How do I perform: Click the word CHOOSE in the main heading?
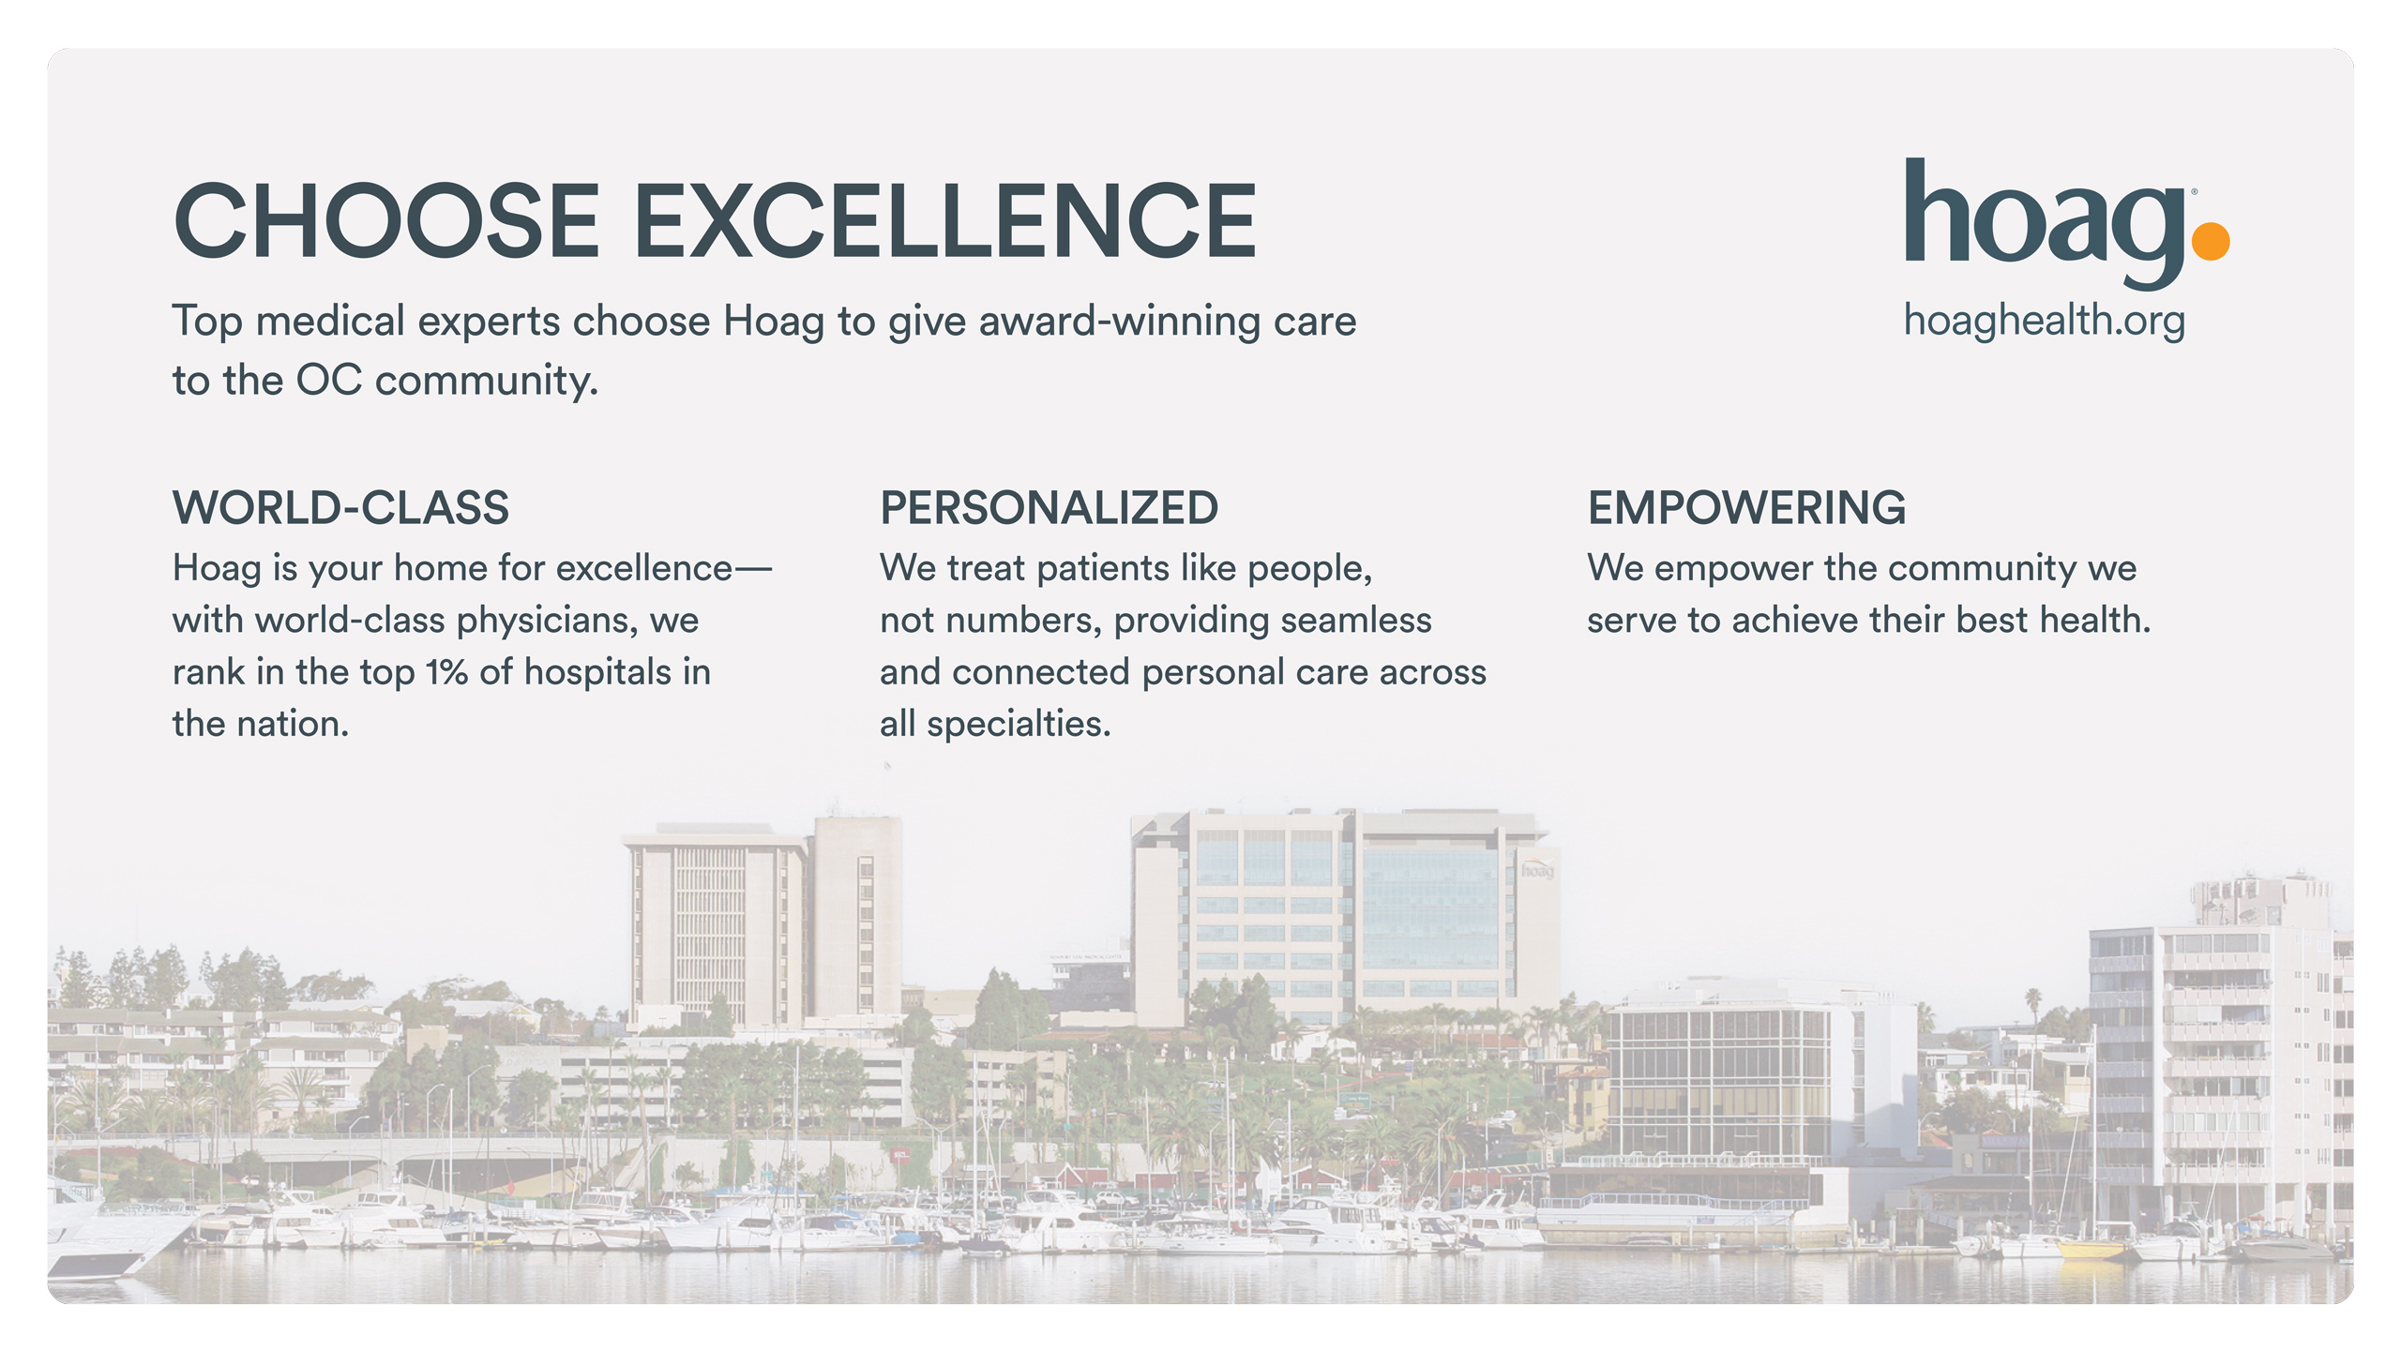coord(386,220)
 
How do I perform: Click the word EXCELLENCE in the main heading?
coord(945,220)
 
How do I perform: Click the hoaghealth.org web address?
coord(2045,321)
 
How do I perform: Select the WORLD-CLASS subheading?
coord(341,508)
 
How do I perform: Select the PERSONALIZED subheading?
coord(1049,508)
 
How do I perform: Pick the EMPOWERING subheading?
coord(1746,508)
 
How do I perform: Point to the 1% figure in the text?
coord(446,672)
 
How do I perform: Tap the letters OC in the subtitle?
coord(329,381)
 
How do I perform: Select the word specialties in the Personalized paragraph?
coord(1019,725)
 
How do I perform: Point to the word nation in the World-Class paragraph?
coord(293,725)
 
